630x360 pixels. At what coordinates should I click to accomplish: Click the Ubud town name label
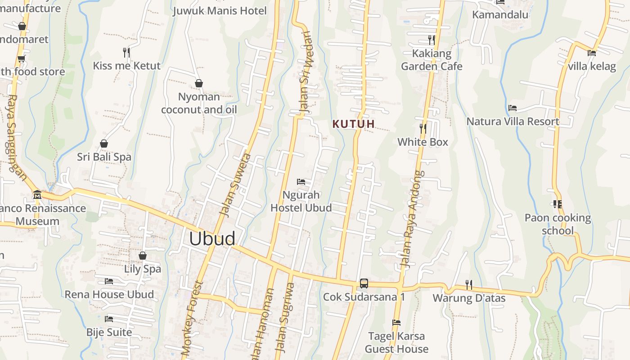(212, 238)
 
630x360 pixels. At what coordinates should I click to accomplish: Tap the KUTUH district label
(354, 124)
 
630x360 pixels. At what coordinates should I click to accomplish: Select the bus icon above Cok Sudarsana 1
(364, 283)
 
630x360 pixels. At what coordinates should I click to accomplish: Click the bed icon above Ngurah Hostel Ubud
(301, 182)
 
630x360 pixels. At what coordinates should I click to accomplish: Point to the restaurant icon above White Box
(423, 129)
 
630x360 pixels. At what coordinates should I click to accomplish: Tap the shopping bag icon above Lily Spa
(143, 256)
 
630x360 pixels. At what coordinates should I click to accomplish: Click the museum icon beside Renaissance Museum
(37, 195)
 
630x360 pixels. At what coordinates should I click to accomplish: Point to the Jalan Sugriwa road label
(284, 317)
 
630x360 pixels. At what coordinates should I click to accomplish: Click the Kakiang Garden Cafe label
(432, 60)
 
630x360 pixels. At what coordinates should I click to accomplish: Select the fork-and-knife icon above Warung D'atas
(468, 284)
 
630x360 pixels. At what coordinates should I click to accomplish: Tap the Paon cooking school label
(558, 224)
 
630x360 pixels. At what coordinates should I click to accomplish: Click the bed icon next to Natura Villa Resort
(512, 108)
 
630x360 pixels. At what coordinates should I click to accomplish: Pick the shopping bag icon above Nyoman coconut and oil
(198, 83)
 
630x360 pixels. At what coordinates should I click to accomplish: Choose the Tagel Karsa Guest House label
(396, 342)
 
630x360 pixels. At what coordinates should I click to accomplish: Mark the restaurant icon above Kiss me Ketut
(126, 53)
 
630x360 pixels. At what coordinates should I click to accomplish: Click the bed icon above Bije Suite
(109, 319)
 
